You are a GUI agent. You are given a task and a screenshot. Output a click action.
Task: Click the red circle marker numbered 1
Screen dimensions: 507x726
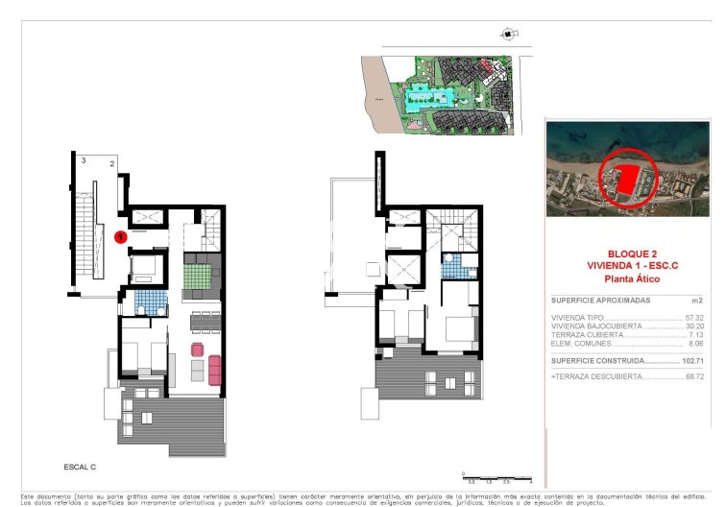point(121,235)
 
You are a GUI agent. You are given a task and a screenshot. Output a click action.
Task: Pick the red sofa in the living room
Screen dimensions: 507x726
point(214,368)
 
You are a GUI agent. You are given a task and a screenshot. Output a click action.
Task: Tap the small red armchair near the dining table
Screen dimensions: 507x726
point(199,348)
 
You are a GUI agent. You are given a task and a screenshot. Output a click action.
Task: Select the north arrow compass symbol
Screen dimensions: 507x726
point(506,35)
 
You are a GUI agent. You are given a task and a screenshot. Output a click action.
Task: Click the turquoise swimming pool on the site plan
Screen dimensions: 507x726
point(423,97)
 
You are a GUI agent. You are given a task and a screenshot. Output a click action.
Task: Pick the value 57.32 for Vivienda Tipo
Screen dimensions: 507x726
point(694,318)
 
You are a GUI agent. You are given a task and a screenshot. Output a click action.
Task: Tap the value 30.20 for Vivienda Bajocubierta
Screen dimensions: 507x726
point(694,326)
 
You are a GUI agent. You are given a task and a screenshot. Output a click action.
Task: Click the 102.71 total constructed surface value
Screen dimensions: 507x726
point(692,361)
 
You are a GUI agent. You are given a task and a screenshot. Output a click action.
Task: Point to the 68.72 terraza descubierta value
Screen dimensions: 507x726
point(694,377)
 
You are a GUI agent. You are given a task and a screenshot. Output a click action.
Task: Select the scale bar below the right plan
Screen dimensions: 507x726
point(496,477)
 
